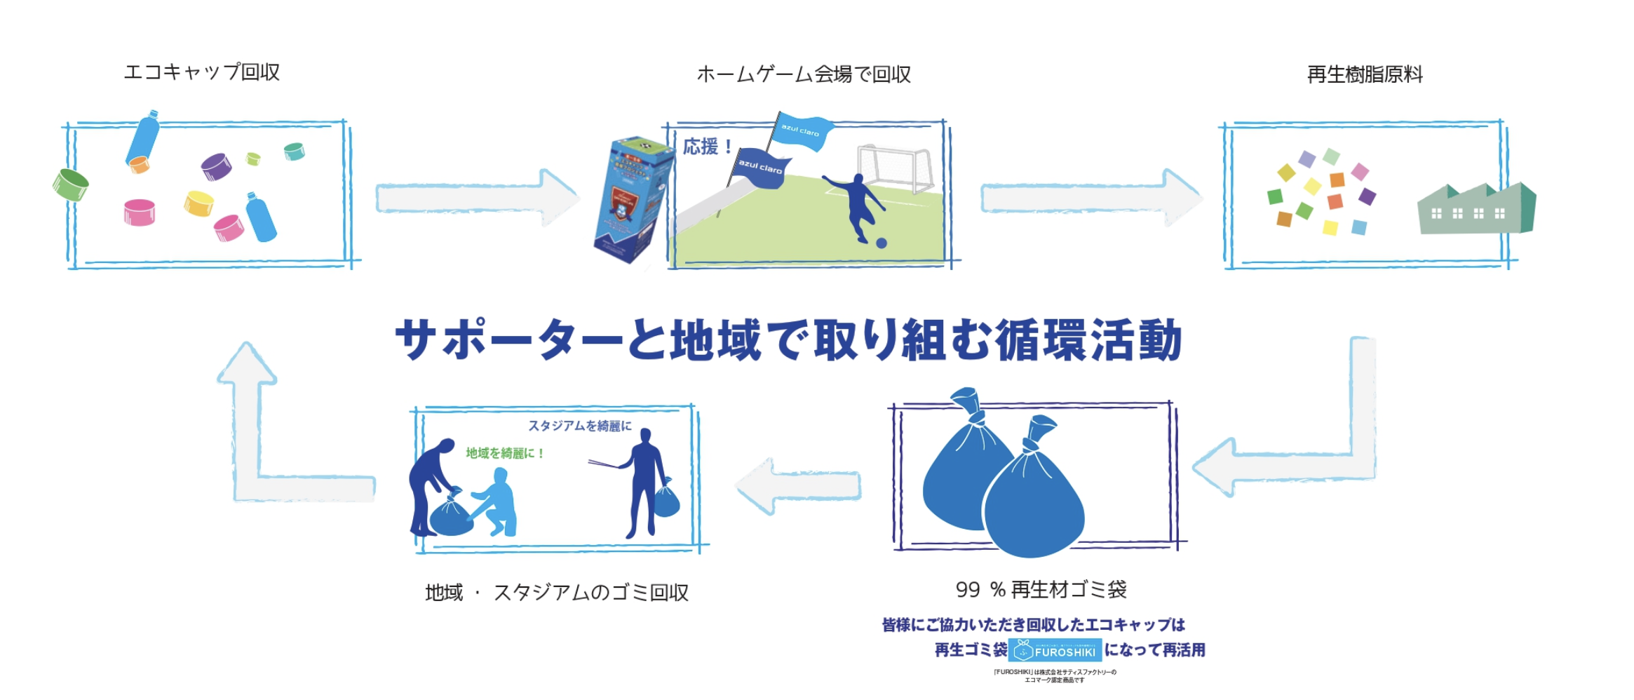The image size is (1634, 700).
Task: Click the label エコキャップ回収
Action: pos(202,72)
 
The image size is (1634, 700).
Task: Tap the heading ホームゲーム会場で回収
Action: pos(804,74)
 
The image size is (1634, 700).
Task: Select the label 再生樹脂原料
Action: pos(1365,74)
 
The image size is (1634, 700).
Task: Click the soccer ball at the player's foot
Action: pos(882,243)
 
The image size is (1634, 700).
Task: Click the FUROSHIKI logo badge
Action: pos(1055,650)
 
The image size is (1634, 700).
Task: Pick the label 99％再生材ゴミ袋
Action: pos(1041,590)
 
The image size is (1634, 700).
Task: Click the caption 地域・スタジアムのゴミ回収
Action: pos(557,593)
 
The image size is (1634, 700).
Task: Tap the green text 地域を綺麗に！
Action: pos(505,453)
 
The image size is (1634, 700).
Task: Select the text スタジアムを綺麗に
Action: pos(580,426)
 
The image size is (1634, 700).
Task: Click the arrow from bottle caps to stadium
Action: pos(477,198)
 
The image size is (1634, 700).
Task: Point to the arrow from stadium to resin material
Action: pos(1091,198)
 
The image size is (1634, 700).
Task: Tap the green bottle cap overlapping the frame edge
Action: pos(70,184)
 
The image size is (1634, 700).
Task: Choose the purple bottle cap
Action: pos(216,166)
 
